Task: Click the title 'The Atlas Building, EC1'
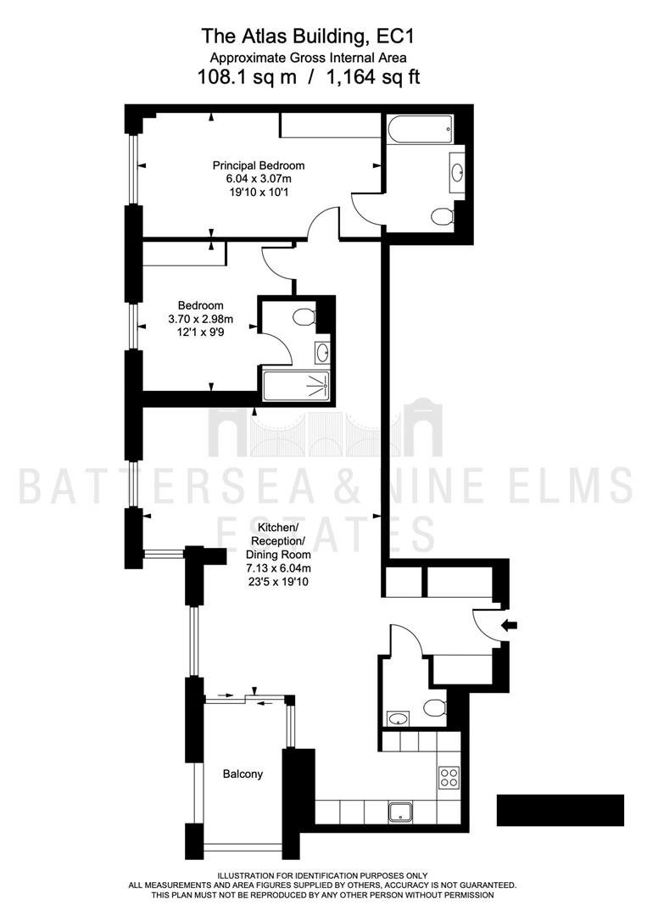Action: pyautogui.click(x=308, y=36)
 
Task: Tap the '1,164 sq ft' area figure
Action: pyautogui.click(x=374, y=76)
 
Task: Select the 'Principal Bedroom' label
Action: pyautogui.click(x=258, y=165)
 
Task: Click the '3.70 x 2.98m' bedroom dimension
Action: pyautogui.click(x=200, y=319)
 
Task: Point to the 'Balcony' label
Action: pyautogui.click(x=243, y=774)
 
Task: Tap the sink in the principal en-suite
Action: pyautogui.click(x=457, y=172)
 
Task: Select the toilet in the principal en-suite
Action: pyautogui.click(x=443, y=217)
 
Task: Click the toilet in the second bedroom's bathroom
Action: pyautogui.click(x=304, y=318)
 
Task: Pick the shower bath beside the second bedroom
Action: pyautogui.click(x=296, y=386)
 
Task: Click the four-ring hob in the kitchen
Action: pyautogui.click(x=449, y=778)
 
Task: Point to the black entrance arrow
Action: pyautogui.click(x=509, y=626)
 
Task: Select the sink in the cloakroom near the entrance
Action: pyautogui.click(x=398, y=718)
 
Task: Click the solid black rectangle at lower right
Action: pyautogui.click(x=561, y=810)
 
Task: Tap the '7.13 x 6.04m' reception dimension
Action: pyautogui.click(x=278, y=567)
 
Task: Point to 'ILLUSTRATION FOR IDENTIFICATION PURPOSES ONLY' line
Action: pyautogui.click(x=322, y=875)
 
